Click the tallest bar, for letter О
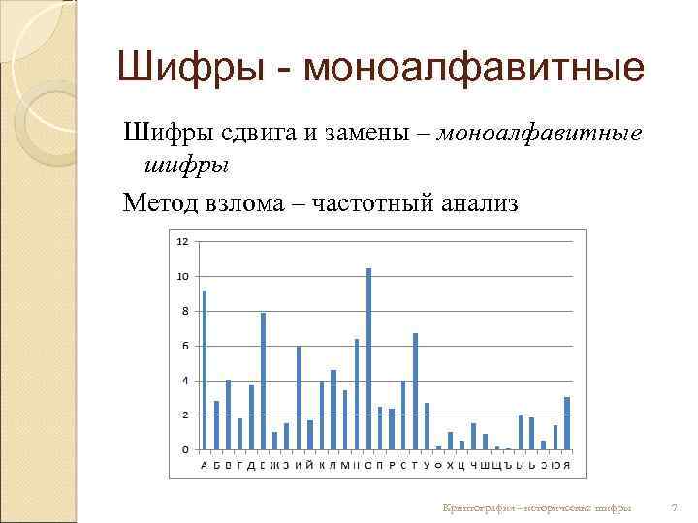pyautogui.click(x=368, y=358)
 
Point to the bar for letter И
pyautogui.click(x=298, y=397)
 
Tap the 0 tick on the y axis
pyautogui.click(x=184, y=449)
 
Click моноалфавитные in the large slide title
pyautogui.click(x=474, y=68)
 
